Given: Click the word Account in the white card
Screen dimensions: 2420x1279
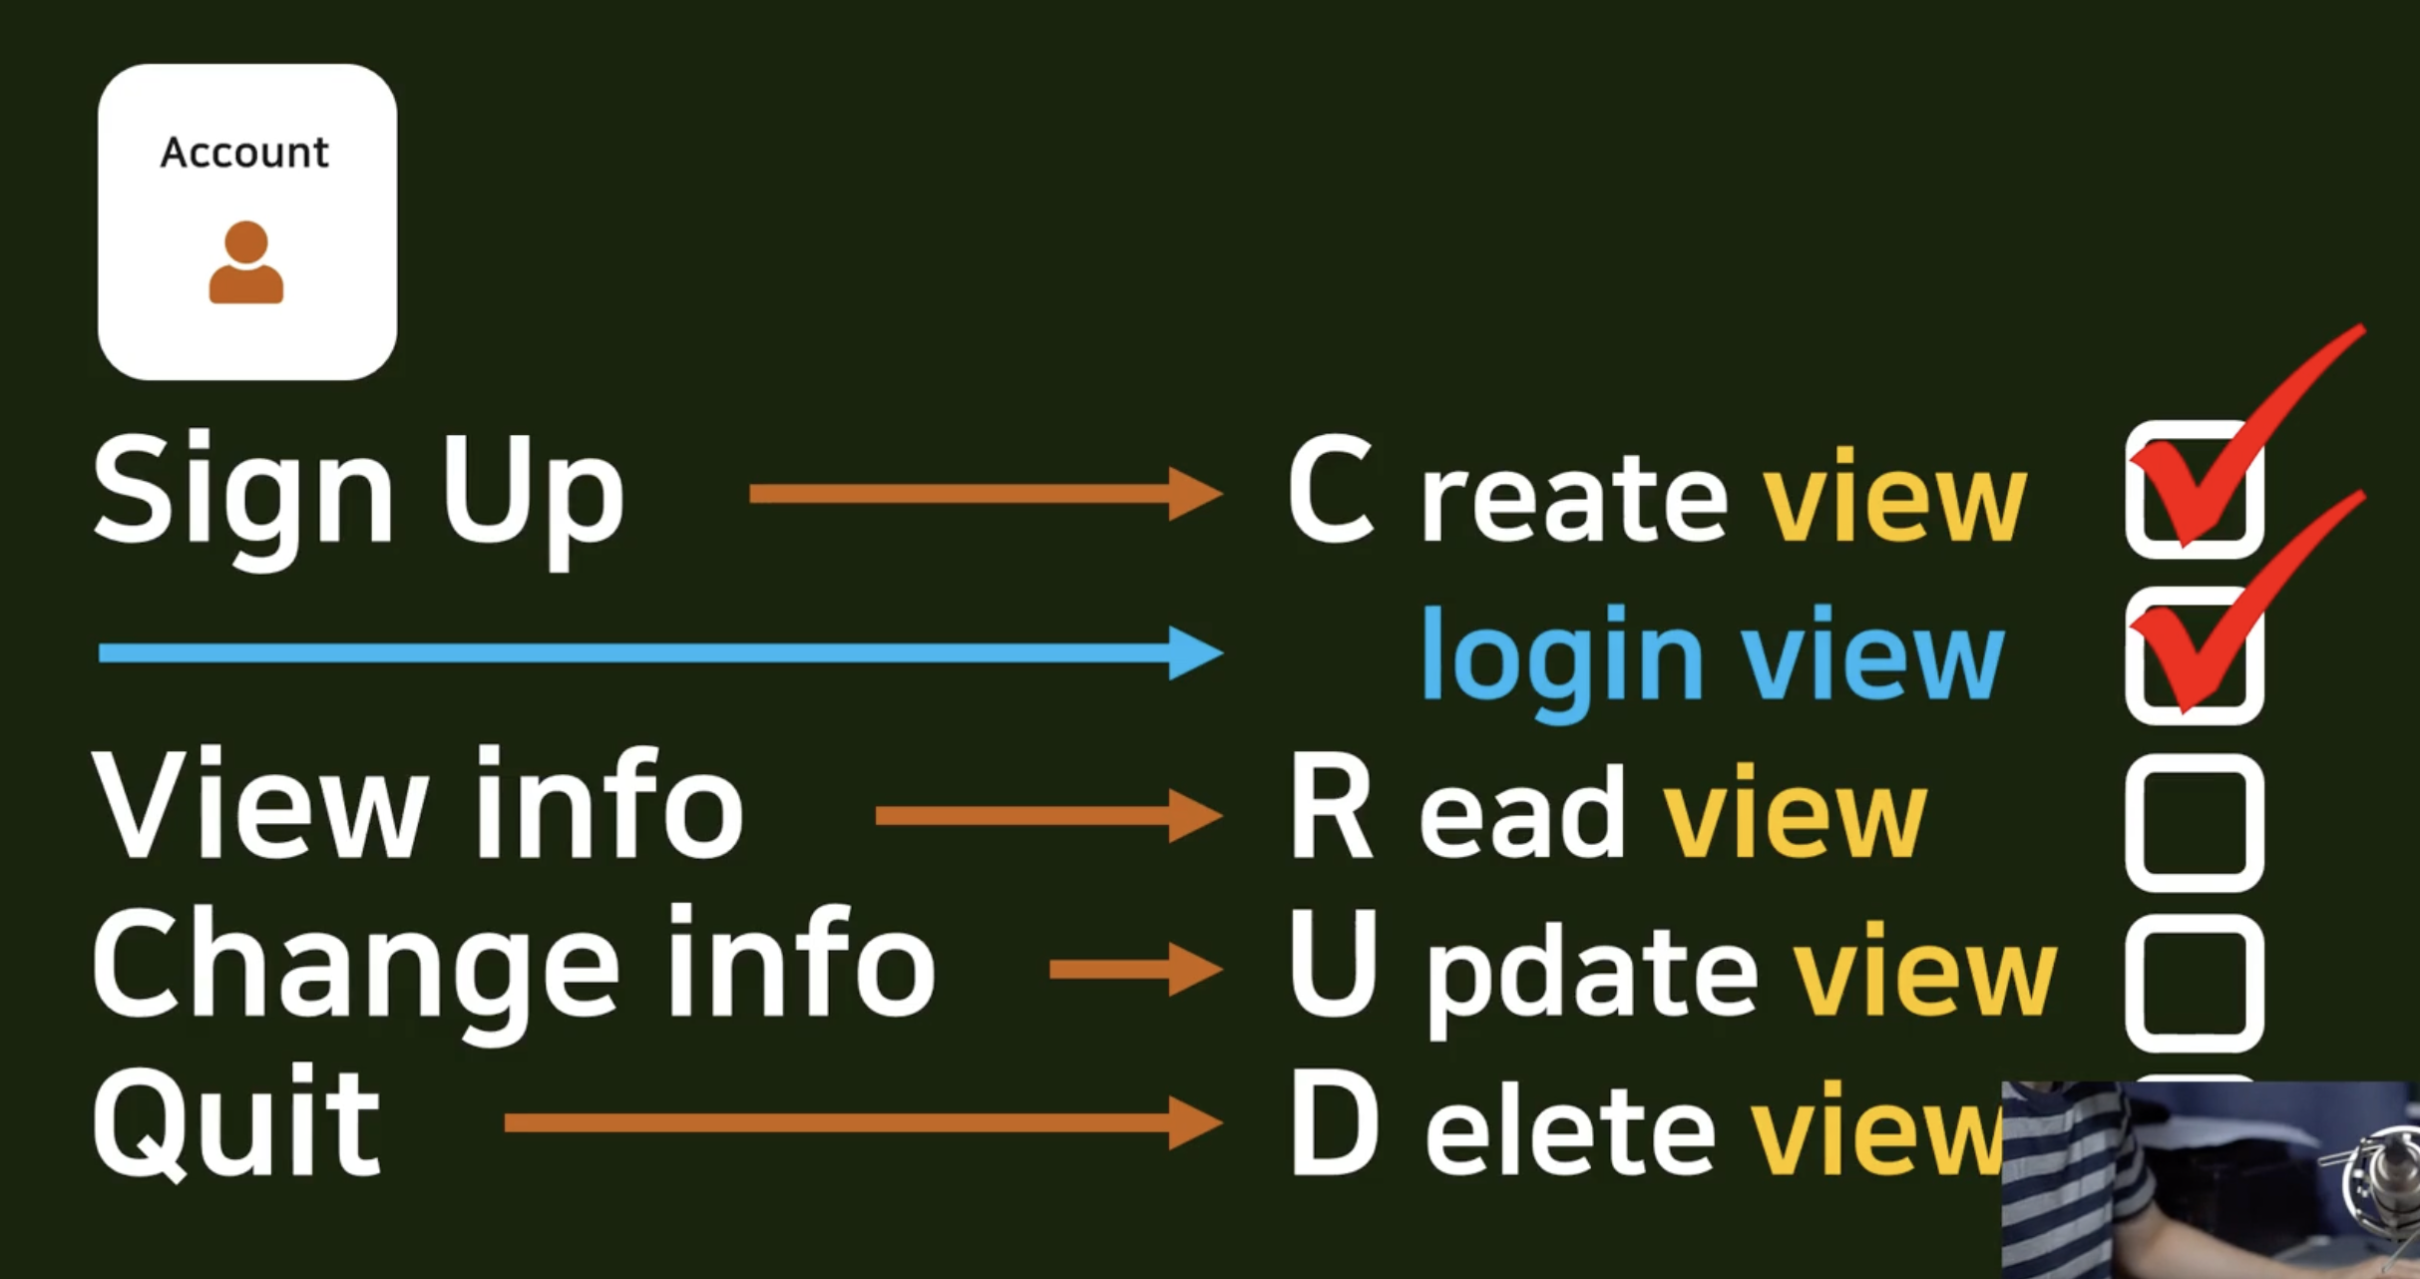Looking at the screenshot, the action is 244,153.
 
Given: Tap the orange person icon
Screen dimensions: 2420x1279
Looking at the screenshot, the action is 246,262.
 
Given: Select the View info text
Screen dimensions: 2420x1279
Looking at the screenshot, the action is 418,803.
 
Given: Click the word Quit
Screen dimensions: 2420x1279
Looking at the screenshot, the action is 236,1121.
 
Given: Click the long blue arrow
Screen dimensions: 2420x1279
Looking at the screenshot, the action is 660,653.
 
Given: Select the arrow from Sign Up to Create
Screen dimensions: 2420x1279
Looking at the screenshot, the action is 986,493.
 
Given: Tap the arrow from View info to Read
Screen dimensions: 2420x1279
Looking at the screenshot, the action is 1048,816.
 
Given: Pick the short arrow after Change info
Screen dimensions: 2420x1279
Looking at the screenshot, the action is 1136,969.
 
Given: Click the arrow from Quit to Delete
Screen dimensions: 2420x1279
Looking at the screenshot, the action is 864,1123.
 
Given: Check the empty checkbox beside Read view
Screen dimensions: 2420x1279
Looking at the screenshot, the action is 2195,823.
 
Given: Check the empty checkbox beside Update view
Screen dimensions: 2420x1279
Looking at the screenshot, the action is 2195,983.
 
